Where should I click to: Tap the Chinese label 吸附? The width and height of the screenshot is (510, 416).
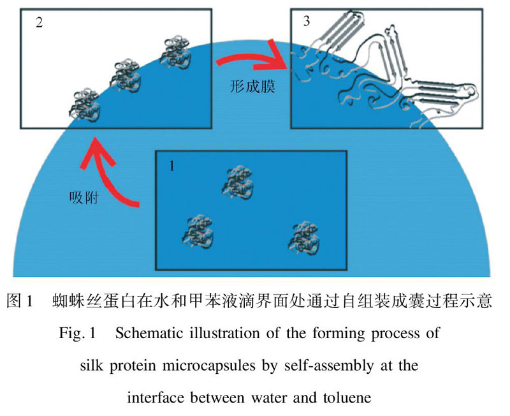[82, 195]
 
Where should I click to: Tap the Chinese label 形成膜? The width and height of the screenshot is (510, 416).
[252, 87]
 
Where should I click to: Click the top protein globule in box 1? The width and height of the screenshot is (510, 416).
[237, 181]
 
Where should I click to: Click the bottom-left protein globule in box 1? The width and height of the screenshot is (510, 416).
[195, 232]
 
